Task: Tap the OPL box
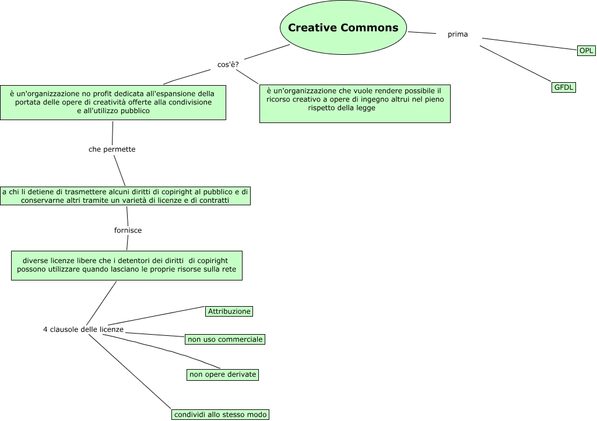coord(586,51)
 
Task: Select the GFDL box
coord(564,87)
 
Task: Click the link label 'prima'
coord(458,34)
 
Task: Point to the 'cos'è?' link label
coord(228,65)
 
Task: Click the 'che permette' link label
coord(112,149)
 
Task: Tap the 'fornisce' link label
coord(128,230)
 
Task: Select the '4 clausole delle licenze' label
coord(83,329)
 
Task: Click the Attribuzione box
coord(229,311)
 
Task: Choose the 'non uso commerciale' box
coord(225,339)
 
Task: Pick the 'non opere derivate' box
coord(223,374)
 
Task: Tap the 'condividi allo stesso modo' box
coord(220,415)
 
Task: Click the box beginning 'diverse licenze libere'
coord(127,265)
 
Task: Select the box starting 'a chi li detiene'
coord(125,196)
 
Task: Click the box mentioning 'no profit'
coord(113,103)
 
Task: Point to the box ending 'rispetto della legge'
coord(354,104)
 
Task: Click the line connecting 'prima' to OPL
coord(529,44)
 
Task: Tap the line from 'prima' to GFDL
coord(515,64)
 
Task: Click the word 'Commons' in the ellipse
coord(370,28)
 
